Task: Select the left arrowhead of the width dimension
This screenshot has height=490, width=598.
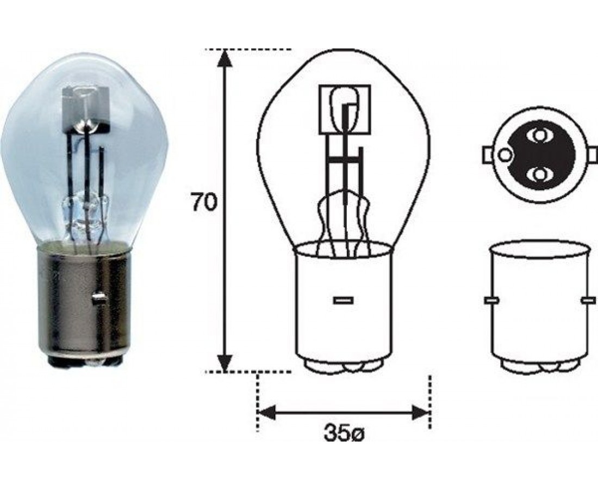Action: (x=267, y=413)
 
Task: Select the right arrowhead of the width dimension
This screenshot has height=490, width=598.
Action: (x=421, y=413)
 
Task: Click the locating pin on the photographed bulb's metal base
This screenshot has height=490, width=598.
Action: (x=99, y=298)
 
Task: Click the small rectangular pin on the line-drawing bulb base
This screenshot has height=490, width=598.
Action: (x=343, y=300)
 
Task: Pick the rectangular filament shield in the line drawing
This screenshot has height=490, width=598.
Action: (x=345, y=109)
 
